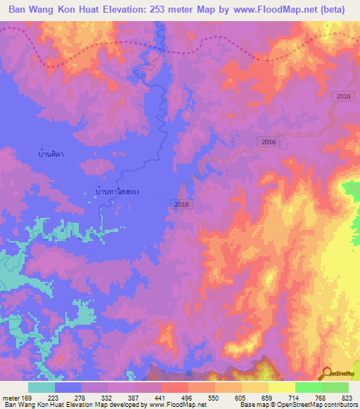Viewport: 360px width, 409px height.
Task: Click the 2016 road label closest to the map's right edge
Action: click(x=342, y=96)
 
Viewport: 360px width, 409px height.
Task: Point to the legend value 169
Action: click(x=26, y=397)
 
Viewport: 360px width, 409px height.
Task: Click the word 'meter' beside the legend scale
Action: click(x=10, y=397)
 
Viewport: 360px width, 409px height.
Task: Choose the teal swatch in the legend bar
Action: click(x=41, y=387)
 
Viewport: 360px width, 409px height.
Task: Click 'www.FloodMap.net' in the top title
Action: click(x=272, y=11)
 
